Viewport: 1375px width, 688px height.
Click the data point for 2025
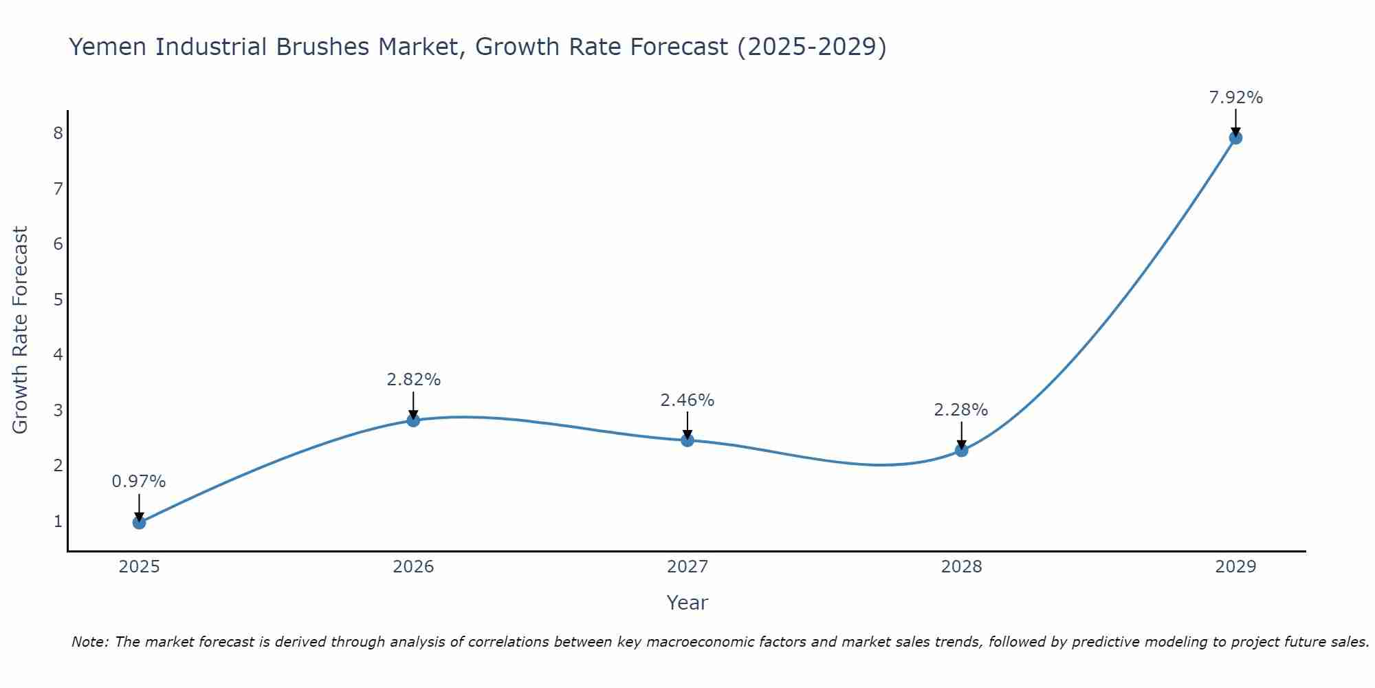139,522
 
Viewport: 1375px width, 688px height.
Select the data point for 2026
413,420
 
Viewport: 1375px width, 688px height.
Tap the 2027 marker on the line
687,440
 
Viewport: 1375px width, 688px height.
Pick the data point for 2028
961,450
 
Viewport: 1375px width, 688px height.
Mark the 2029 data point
1235,138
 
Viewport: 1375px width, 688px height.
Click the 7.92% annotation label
1235,98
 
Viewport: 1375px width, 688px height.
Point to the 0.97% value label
139,482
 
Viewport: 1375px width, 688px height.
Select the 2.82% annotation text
413,380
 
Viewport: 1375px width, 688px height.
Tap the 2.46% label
687,400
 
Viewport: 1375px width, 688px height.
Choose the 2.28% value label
961,410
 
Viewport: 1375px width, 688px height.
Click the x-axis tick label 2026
413,567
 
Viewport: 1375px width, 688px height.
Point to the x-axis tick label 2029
1235,567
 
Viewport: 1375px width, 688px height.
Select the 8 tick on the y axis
58,133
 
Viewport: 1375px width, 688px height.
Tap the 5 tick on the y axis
58,299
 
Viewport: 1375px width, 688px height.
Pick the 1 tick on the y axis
58,521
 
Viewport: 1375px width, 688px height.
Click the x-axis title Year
687,603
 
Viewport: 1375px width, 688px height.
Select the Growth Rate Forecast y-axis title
21,330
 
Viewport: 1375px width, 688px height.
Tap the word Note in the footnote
89,642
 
